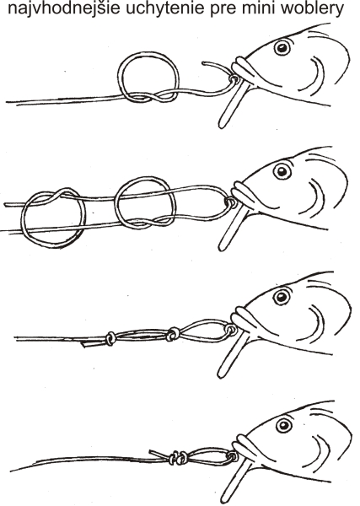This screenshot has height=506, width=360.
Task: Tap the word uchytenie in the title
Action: tap(165, 8)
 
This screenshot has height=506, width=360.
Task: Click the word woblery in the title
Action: tap(312, 9)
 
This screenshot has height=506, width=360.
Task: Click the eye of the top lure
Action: tap(282, 48)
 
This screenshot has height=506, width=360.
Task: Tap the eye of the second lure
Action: tap(282, 170)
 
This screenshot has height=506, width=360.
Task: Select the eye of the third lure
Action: tap(282, 297)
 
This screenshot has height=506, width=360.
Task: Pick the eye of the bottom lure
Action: tap(284, 425)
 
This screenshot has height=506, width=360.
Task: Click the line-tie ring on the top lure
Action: tap(234, 79)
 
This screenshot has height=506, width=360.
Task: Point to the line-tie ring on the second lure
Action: tap(231, 202)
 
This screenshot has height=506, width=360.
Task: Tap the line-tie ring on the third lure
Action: tap(231, 329)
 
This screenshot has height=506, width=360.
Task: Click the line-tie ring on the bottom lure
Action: tap(233, 456)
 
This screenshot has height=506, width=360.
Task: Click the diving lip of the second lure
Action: tap(231, 228)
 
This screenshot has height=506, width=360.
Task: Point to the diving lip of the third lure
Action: tap(231, 355)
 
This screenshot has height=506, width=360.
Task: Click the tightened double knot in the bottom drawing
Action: tap(179, 458)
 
